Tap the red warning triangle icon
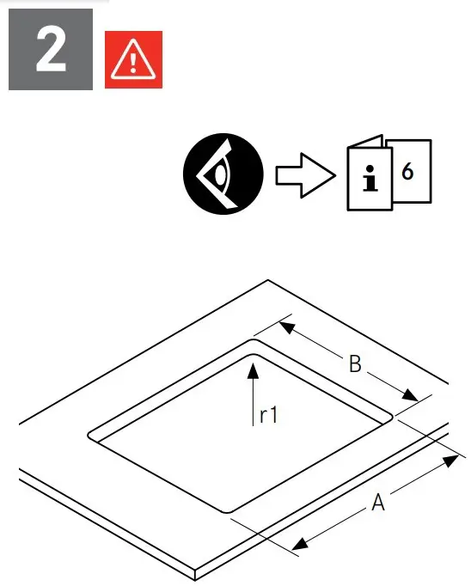(x=132, y=60)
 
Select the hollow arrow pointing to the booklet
(x=303, y=176)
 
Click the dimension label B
(x=354, y=364)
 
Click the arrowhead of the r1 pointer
(x=253, y=368)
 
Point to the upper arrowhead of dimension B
(x=287, y=328)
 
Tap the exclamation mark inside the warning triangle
(x=132, y=62)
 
